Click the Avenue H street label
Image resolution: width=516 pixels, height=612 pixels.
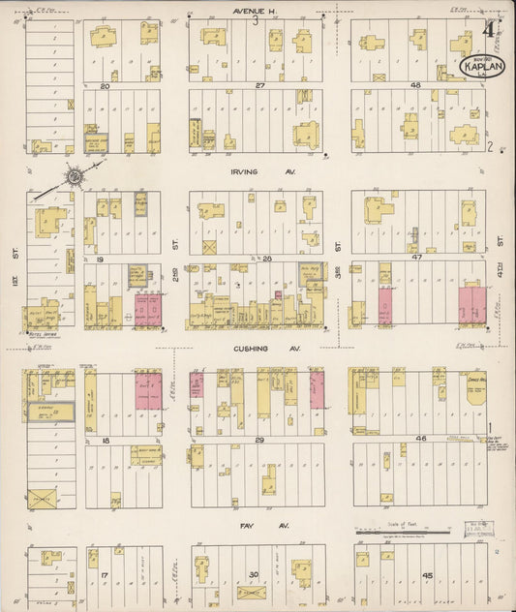click(x=254, y=11)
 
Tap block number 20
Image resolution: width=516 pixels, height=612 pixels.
click(x=105, y=86)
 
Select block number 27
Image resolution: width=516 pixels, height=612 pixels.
click(x=259, y=86)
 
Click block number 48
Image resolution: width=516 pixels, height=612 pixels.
click(x=415, y=86)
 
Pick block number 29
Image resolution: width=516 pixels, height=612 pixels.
click(x=259, y=440)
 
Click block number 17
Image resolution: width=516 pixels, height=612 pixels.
click(x=105, y=574)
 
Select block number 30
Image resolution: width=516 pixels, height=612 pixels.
click(x=254, y=574)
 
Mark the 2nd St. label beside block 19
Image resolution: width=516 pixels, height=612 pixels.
click(x=175, y=248)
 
